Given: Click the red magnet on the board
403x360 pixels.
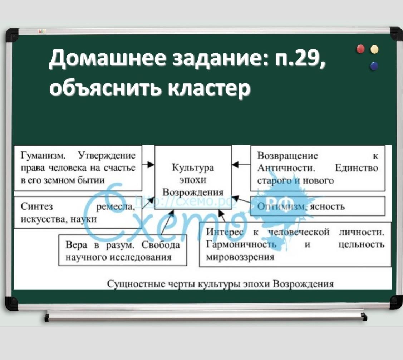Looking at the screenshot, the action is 361,49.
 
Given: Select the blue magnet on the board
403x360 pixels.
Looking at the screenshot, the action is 374,66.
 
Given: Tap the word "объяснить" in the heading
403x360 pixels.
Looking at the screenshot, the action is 107,88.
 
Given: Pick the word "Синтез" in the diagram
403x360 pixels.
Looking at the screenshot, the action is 37,206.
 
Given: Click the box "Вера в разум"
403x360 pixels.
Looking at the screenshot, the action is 123,250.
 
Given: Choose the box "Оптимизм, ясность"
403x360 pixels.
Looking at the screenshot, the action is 318,206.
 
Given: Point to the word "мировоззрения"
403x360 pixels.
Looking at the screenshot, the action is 240,257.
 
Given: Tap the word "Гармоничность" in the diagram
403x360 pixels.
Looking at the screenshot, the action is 241,244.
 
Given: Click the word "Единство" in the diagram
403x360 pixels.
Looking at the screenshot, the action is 357,169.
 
